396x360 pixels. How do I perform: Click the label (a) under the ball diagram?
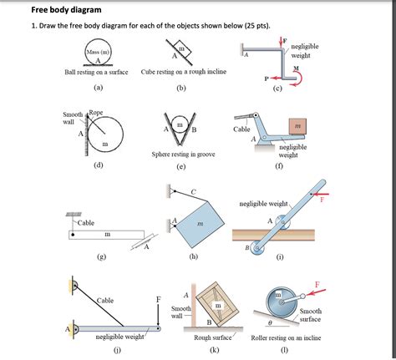(x=98, y=87)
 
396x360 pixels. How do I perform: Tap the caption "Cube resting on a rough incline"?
(x=181, y=73)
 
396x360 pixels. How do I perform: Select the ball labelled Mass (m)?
(x=99, y=55)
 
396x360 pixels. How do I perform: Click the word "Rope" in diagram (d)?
(x=95, y=112)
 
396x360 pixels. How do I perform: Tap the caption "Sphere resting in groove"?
(x=181, y=155)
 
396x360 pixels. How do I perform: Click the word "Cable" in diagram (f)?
(x=241, y=129)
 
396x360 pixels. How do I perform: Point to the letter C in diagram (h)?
(x=193, y=191)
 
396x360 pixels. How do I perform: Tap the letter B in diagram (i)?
(x=246, y=248)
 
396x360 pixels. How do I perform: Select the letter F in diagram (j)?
(x=158, y=299)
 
